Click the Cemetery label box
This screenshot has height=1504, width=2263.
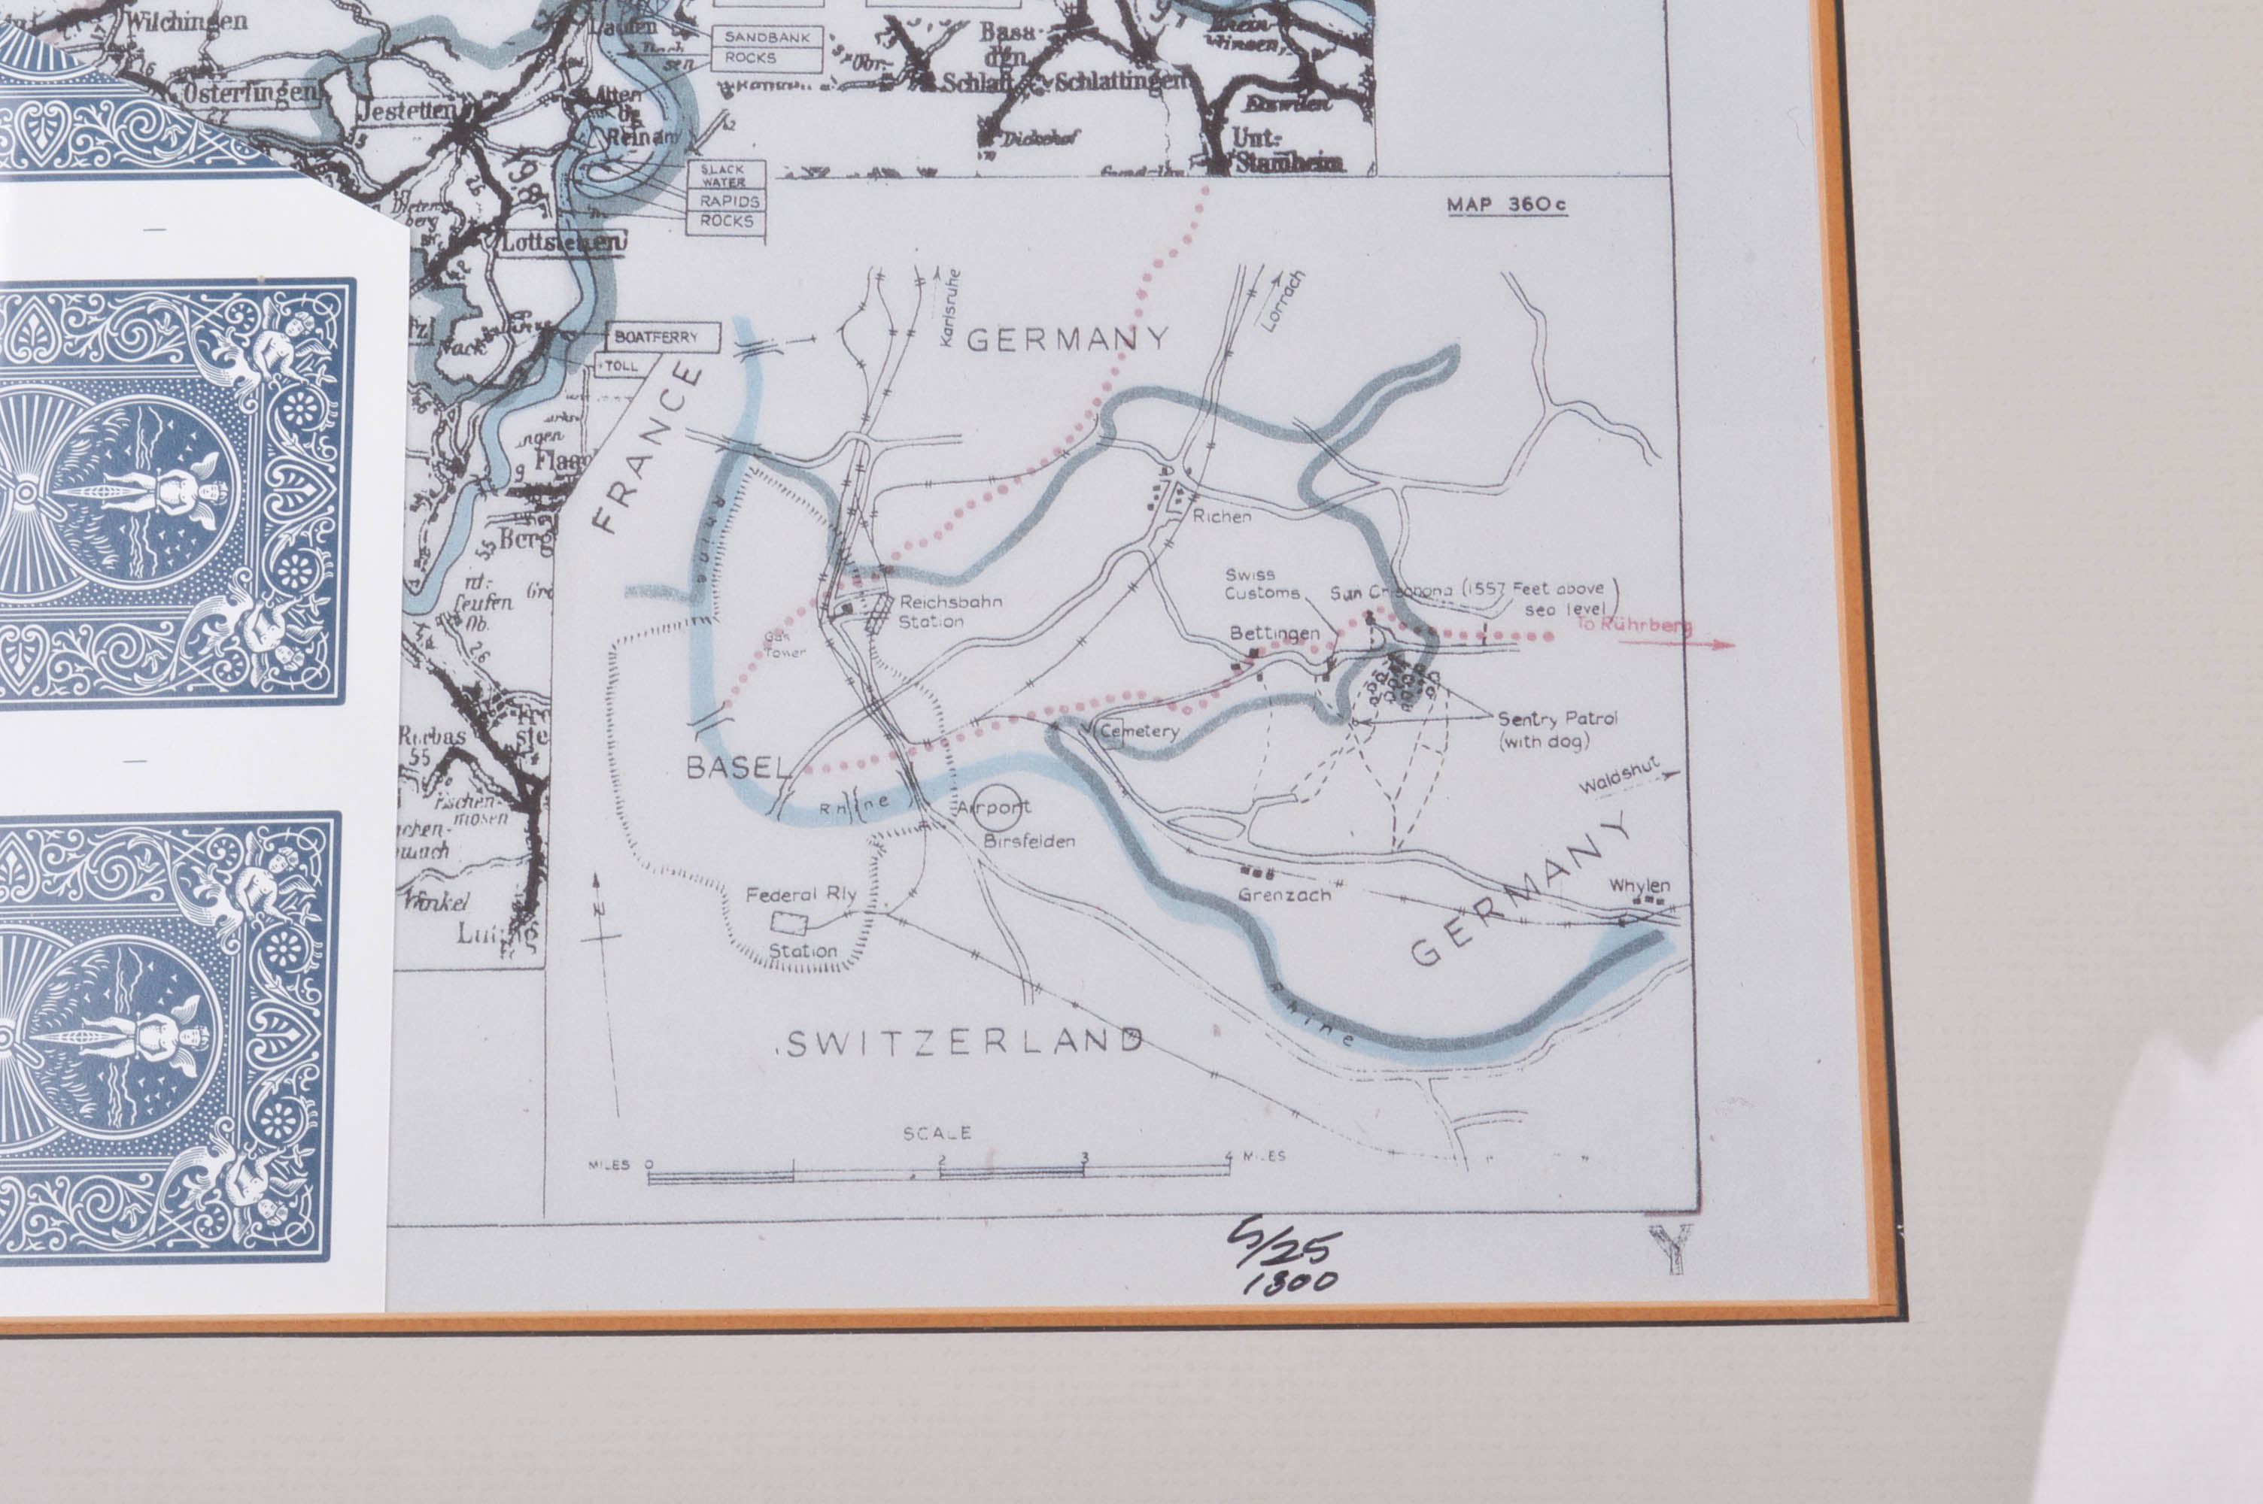pyautogui.click(x=1137, y=732)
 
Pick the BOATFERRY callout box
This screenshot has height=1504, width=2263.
pyautogui.click(x=664, y=337)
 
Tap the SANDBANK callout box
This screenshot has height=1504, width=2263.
pyautogui.click(x=767, y=36)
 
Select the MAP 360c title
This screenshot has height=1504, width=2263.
pyautogui.click(x=1506, y=205)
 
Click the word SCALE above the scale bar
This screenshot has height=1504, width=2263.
pyautogui.click(x=937, y=1133)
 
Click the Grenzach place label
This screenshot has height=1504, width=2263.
pyautogui.click(x=1283, y=895)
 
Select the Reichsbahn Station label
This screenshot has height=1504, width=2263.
pyautogui.click(x=949, y=611)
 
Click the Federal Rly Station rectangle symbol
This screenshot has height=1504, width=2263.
pyautogui.click(x=791, y=922)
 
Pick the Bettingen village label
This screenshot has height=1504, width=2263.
pyautogui.click(x=1274, y=633)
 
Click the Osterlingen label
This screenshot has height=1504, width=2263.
pyautogui.click(x=248, y=93)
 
